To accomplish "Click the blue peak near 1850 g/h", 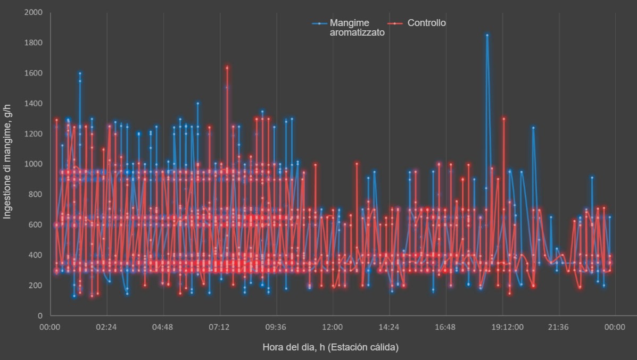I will pyautogui.click(x=487, y=36).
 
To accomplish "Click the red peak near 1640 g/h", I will pyautogui.click(x=227, y=68).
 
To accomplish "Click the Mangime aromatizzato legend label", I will pyautogui.click(x=357, y=27).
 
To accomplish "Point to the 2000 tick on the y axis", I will pyautogui.click(x=34, y=12).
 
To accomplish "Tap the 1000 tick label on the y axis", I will pyautogui.click(x=34, y=164).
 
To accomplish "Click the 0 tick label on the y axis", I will pyautogui.click(x=40, y=316).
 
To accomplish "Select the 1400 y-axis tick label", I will pyautogui.click(x=34, y=103).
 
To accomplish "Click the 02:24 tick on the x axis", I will pyautogui.click(x=106, y=327).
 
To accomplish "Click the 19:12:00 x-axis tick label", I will pyautogui.click(x=502, y=327).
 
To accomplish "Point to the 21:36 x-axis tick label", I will pyautogui.click(x=558, y=327).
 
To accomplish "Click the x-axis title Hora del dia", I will pyautogui.click(x=330, y=347).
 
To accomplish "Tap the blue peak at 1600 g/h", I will pyautogui.click(x=80, y=73).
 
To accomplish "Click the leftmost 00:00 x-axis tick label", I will pyautogui.click(x=50, y=327).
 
